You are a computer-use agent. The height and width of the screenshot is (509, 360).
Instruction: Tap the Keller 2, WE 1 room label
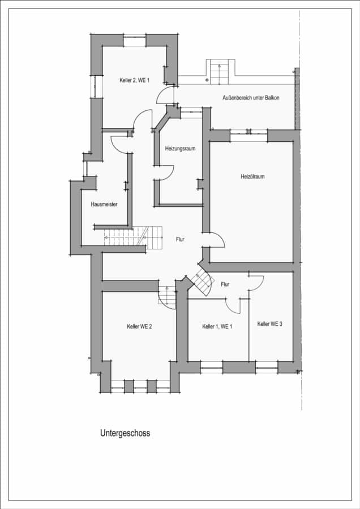135,80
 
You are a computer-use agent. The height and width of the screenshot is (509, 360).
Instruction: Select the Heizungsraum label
181,148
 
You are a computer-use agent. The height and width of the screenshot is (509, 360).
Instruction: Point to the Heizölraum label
252,176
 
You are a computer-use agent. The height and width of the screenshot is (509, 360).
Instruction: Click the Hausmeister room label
104,204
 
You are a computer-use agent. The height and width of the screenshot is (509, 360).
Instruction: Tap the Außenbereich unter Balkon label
251,97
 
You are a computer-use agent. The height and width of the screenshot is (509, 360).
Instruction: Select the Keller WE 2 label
139,326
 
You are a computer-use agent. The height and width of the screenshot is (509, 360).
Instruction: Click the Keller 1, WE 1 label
217,326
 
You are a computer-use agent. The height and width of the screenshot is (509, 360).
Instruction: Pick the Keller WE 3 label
269,323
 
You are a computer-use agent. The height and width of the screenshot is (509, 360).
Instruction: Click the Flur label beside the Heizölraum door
180,239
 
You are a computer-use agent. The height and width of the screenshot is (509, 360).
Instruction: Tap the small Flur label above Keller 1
225,284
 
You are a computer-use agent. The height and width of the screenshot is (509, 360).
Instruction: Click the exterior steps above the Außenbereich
220,72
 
